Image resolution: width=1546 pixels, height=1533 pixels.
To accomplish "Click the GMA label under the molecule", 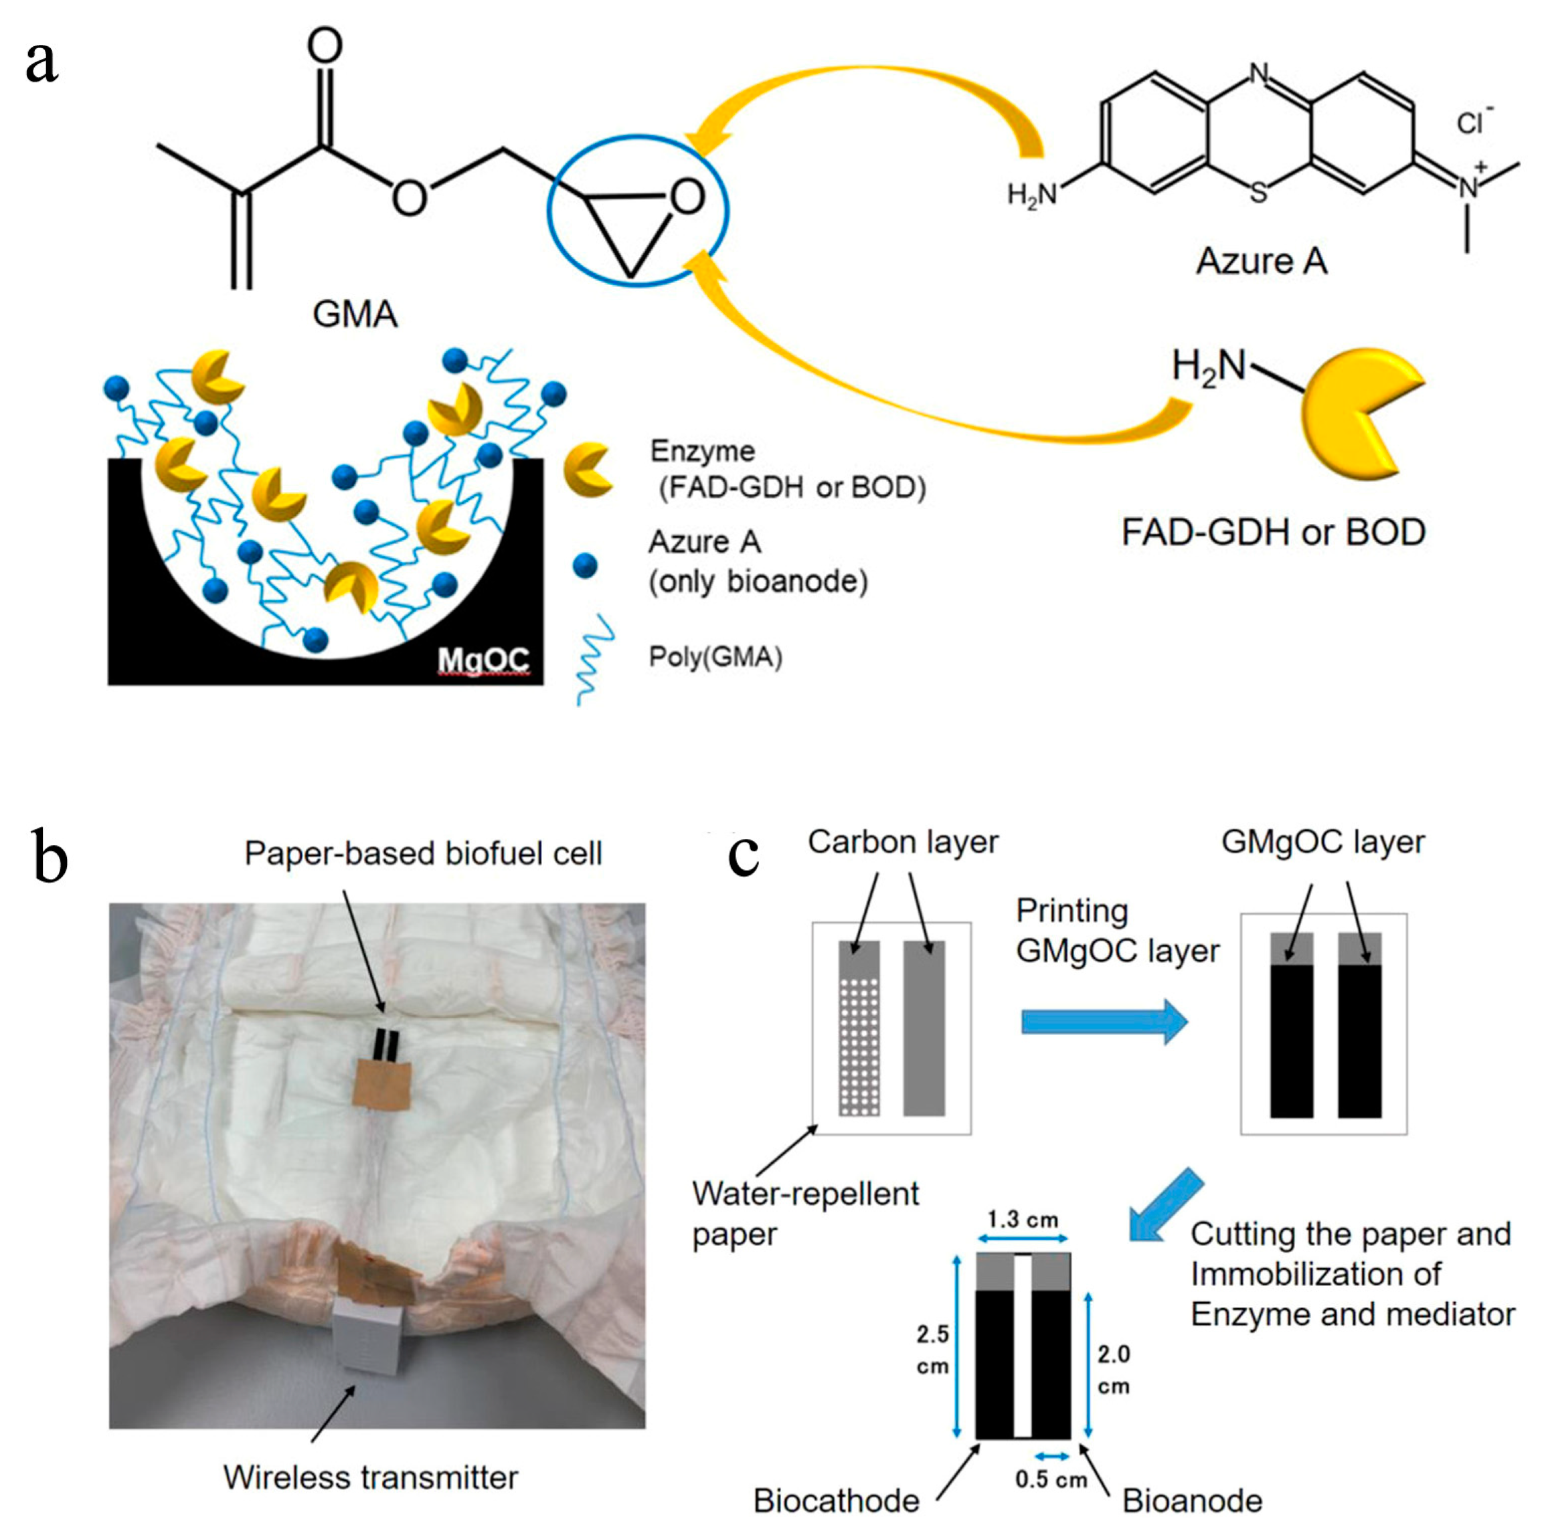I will point(355,314).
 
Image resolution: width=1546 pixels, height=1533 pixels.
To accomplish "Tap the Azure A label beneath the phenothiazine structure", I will point(1261,261).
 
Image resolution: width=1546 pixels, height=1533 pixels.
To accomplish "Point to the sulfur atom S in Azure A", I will point(1258,193).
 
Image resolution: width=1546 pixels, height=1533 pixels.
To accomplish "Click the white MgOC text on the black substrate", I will point(483,659).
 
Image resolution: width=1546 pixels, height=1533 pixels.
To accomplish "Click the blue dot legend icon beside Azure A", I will point(585,565).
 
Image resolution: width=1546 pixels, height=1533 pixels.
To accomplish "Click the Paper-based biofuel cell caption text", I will point(422,853).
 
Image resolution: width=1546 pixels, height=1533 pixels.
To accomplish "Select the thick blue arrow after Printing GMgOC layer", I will point(1104,1022).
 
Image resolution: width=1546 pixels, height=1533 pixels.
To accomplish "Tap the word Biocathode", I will point(836,1501).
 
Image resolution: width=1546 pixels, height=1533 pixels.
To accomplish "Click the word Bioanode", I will point(1191,1501).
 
